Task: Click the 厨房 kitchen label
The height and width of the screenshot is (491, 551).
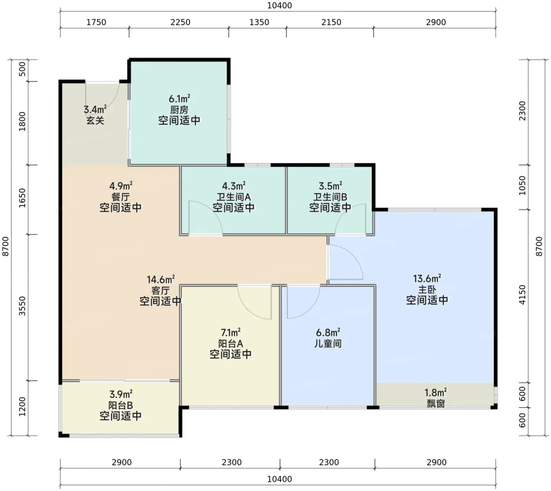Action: pyautogui.click(x=179, y=110)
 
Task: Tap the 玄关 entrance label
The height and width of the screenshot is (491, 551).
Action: pyautogui.click(x=95, y=120)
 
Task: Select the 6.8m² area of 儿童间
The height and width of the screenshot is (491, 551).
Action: pyautogui.click(x=328, y=332)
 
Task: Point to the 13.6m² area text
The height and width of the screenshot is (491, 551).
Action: pyautogui.click(x=427, y=279)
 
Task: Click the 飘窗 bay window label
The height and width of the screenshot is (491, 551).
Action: pyautogui.click(x=436, y=404)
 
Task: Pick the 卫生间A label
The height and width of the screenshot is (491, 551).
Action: pyautogui.click(x=234, y=197)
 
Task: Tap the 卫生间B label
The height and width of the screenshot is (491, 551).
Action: pyautogui.click(x=330, y=197)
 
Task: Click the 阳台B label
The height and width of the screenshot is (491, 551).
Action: pyautogui.click(x=120, y=405)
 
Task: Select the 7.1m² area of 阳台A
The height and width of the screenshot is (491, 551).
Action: pyautogui.click(x=231, y=332)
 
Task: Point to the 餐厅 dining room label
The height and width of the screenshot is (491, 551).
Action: pyautogui.click(x=120, y=197)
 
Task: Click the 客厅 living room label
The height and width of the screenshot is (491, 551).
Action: pyautogui.click(x=161, y=291)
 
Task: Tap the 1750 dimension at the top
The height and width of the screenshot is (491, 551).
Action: pyautogui.click(x=96, y=22)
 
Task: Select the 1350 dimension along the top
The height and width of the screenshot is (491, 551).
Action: pyautogui.click(x=259, y=22)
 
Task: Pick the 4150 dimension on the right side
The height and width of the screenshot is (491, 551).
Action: pyautogui.click(x=522, y=294)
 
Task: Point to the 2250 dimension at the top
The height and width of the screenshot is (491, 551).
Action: pyautogui.click(x=180, y=22)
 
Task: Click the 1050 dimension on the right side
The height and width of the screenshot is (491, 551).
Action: pyautogui.click(x=522, y=185)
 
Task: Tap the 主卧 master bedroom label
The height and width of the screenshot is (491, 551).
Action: pyautogui.click(x=427, y=290)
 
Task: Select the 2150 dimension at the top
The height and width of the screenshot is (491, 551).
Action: pyautogui.click(x=331, y=22)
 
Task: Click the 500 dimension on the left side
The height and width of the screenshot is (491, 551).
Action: pyautogui.click(x=22, y=69)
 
